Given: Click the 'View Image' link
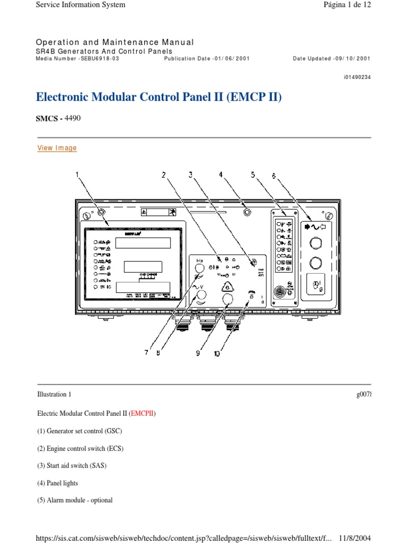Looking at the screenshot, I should coord(57,148).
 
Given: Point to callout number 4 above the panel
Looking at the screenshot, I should coord(222,174).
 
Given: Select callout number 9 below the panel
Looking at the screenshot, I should coord(198,354).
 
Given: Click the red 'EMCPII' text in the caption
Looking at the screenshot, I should coord(143,413).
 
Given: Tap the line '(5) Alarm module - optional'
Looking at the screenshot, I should coord(74,501).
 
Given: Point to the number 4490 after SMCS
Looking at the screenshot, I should coord(73,118).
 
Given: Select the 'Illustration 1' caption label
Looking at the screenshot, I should coord(54,395).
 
